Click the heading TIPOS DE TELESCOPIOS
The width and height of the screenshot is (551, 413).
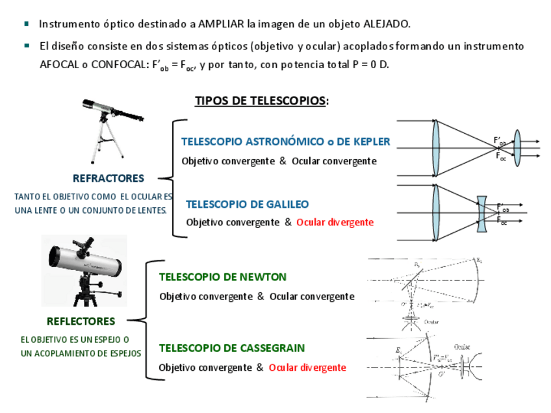[261, 101]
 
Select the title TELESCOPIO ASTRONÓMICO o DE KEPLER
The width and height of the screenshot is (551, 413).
[285, 142]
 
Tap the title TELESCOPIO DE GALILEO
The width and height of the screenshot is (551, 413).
[247, 204]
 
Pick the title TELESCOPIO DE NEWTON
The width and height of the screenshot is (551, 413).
[222, 277]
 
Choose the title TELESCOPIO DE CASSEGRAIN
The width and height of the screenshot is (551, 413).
[231, 348]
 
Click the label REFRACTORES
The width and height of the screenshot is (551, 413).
[108, 178]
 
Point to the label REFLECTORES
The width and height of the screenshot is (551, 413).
[81, 321]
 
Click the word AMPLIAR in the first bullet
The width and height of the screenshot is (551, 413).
[222, 24]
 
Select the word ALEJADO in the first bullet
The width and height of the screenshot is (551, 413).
[386, 24]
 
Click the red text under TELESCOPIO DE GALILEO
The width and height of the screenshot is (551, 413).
[335, 222]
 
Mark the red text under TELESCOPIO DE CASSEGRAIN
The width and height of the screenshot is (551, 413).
[307, 368]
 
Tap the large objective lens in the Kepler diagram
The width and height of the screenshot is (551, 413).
[435, 148]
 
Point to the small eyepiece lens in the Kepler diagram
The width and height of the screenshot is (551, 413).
[517, 148]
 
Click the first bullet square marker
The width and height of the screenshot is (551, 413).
[27, 24]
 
